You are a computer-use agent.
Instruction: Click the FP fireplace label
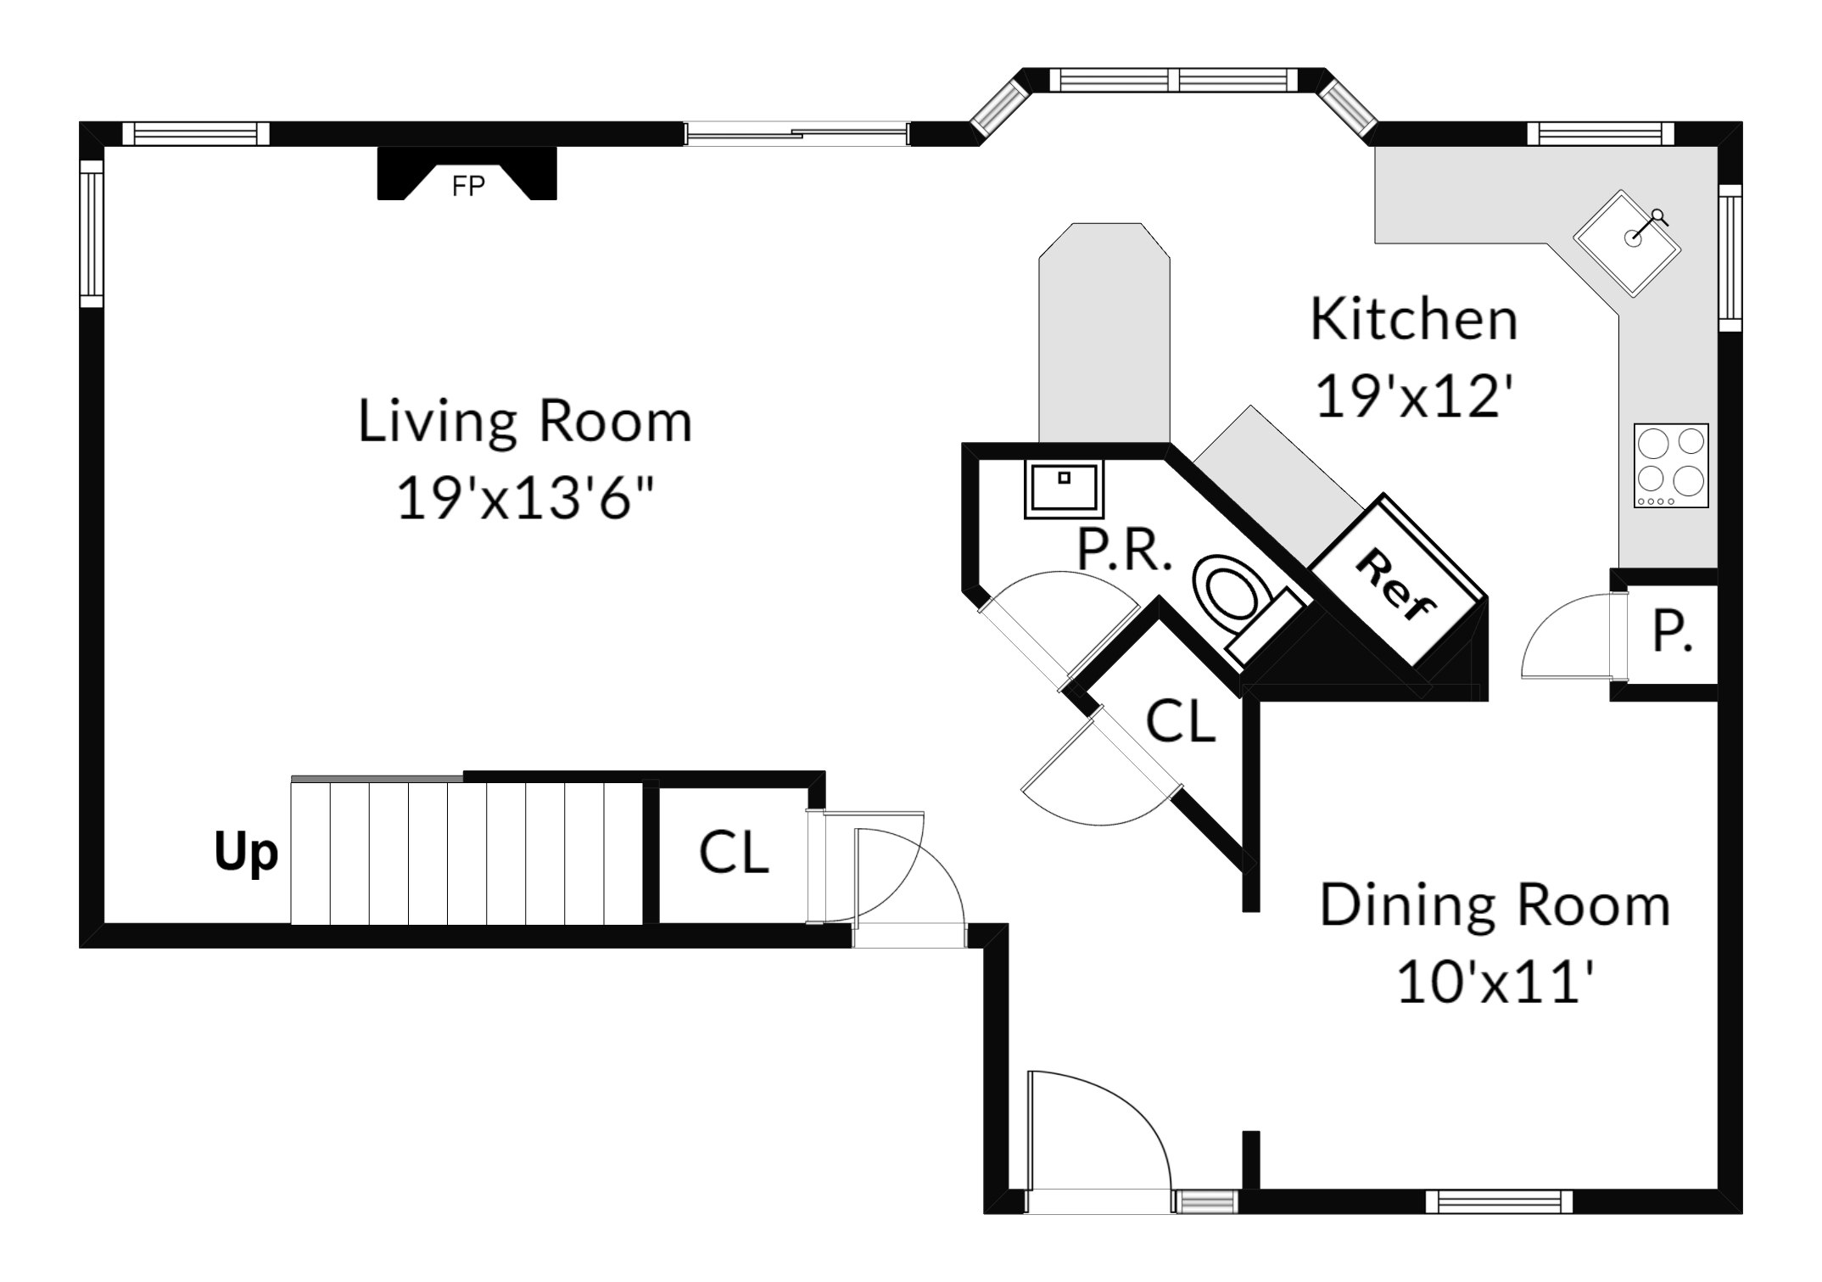468,186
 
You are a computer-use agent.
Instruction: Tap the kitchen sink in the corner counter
1628,242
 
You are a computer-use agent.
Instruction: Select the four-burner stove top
1671,466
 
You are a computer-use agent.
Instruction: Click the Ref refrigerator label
1396,585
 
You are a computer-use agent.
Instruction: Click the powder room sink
1065,489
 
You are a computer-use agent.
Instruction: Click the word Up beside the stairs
246,853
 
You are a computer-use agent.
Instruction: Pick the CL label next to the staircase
734,852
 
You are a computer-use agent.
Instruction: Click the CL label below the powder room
1181,721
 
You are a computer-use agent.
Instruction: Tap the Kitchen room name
1414,320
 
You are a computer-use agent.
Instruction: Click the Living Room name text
525,421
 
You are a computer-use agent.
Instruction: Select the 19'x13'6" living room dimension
526,497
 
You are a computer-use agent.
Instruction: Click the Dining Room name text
1495,905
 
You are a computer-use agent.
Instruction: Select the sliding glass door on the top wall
796,133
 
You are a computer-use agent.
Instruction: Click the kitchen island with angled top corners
1104,333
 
